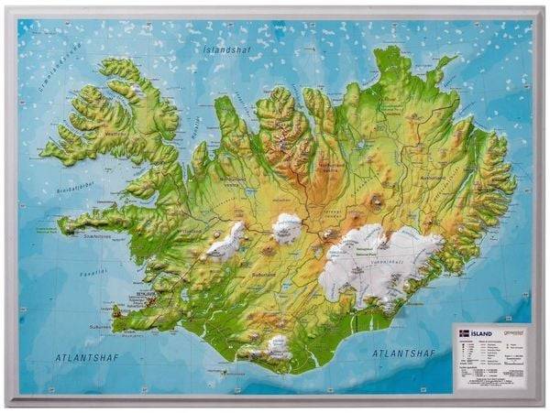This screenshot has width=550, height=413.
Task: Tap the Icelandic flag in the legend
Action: coord(464,334)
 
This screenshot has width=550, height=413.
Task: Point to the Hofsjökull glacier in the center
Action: coord(287,226)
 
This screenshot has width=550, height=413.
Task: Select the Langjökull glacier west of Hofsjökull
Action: coord(225,240)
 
